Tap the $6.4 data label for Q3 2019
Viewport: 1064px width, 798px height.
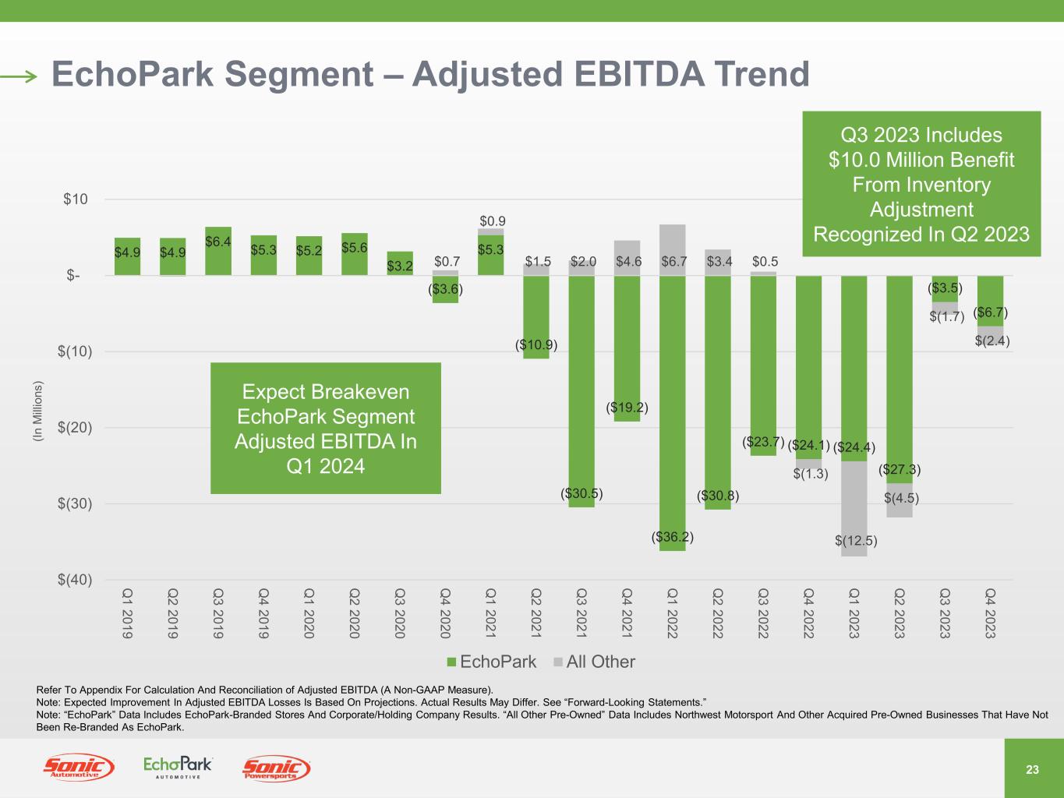pos(217,242)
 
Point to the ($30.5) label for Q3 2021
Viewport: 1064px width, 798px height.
pos(581,493)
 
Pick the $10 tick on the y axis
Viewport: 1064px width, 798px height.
pos(75,199)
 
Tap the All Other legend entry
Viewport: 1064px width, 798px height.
pos(594,662)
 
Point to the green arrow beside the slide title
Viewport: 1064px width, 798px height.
pos(19,76)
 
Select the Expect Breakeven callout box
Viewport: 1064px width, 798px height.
pos(326,428)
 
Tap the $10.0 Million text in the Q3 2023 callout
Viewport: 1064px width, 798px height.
pos(921,160)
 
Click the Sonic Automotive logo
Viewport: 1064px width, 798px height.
pos(79,768)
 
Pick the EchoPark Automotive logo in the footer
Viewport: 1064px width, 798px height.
pos(178,768)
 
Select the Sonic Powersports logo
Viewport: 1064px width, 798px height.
pos(276,769)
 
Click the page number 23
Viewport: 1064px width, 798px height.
pos(1032,770)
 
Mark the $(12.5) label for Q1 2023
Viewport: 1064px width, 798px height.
pos(855,541)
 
